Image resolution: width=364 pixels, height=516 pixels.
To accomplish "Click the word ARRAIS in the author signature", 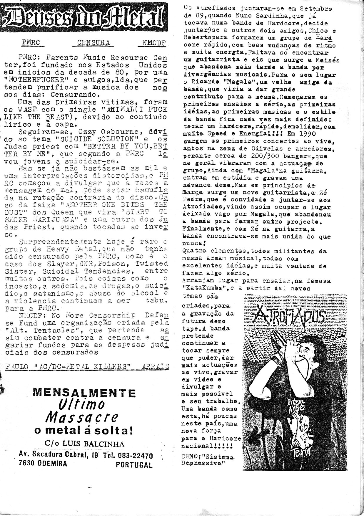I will [156, 367].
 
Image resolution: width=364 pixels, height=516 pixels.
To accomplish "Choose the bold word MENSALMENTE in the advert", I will [84, 393].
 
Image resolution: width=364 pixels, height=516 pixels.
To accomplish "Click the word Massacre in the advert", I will [82, 417].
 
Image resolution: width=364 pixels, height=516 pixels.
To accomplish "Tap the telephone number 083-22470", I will [135, 456].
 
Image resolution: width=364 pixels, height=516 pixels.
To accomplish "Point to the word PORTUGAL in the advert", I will [134, 465].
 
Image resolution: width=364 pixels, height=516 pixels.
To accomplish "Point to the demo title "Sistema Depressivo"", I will [209, 460].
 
